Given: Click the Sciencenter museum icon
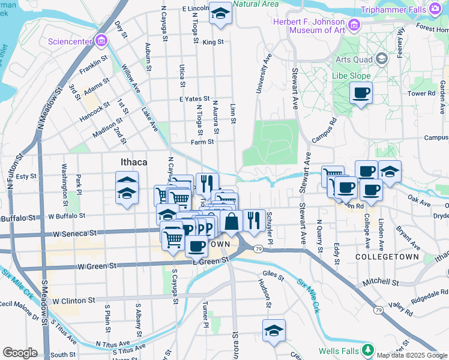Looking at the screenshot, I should (101, 41).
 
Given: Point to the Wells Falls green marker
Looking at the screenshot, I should (367, 350).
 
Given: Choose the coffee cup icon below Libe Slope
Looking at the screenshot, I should (361, 93).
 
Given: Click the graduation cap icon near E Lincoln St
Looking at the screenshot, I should (220, 13).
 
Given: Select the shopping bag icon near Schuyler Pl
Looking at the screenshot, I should (231, 221).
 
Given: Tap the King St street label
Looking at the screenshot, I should (212, 43).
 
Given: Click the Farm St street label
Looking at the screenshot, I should (202, 142).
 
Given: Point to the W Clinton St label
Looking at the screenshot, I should (74, 300).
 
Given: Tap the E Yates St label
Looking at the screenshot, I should (194, 99).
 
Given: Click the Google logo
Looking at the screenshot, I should (20, 353).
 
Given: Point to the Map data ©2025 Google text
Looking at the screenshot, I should (412, 355).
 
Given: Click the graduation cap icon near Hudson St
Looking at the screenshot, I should (274, 331).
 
